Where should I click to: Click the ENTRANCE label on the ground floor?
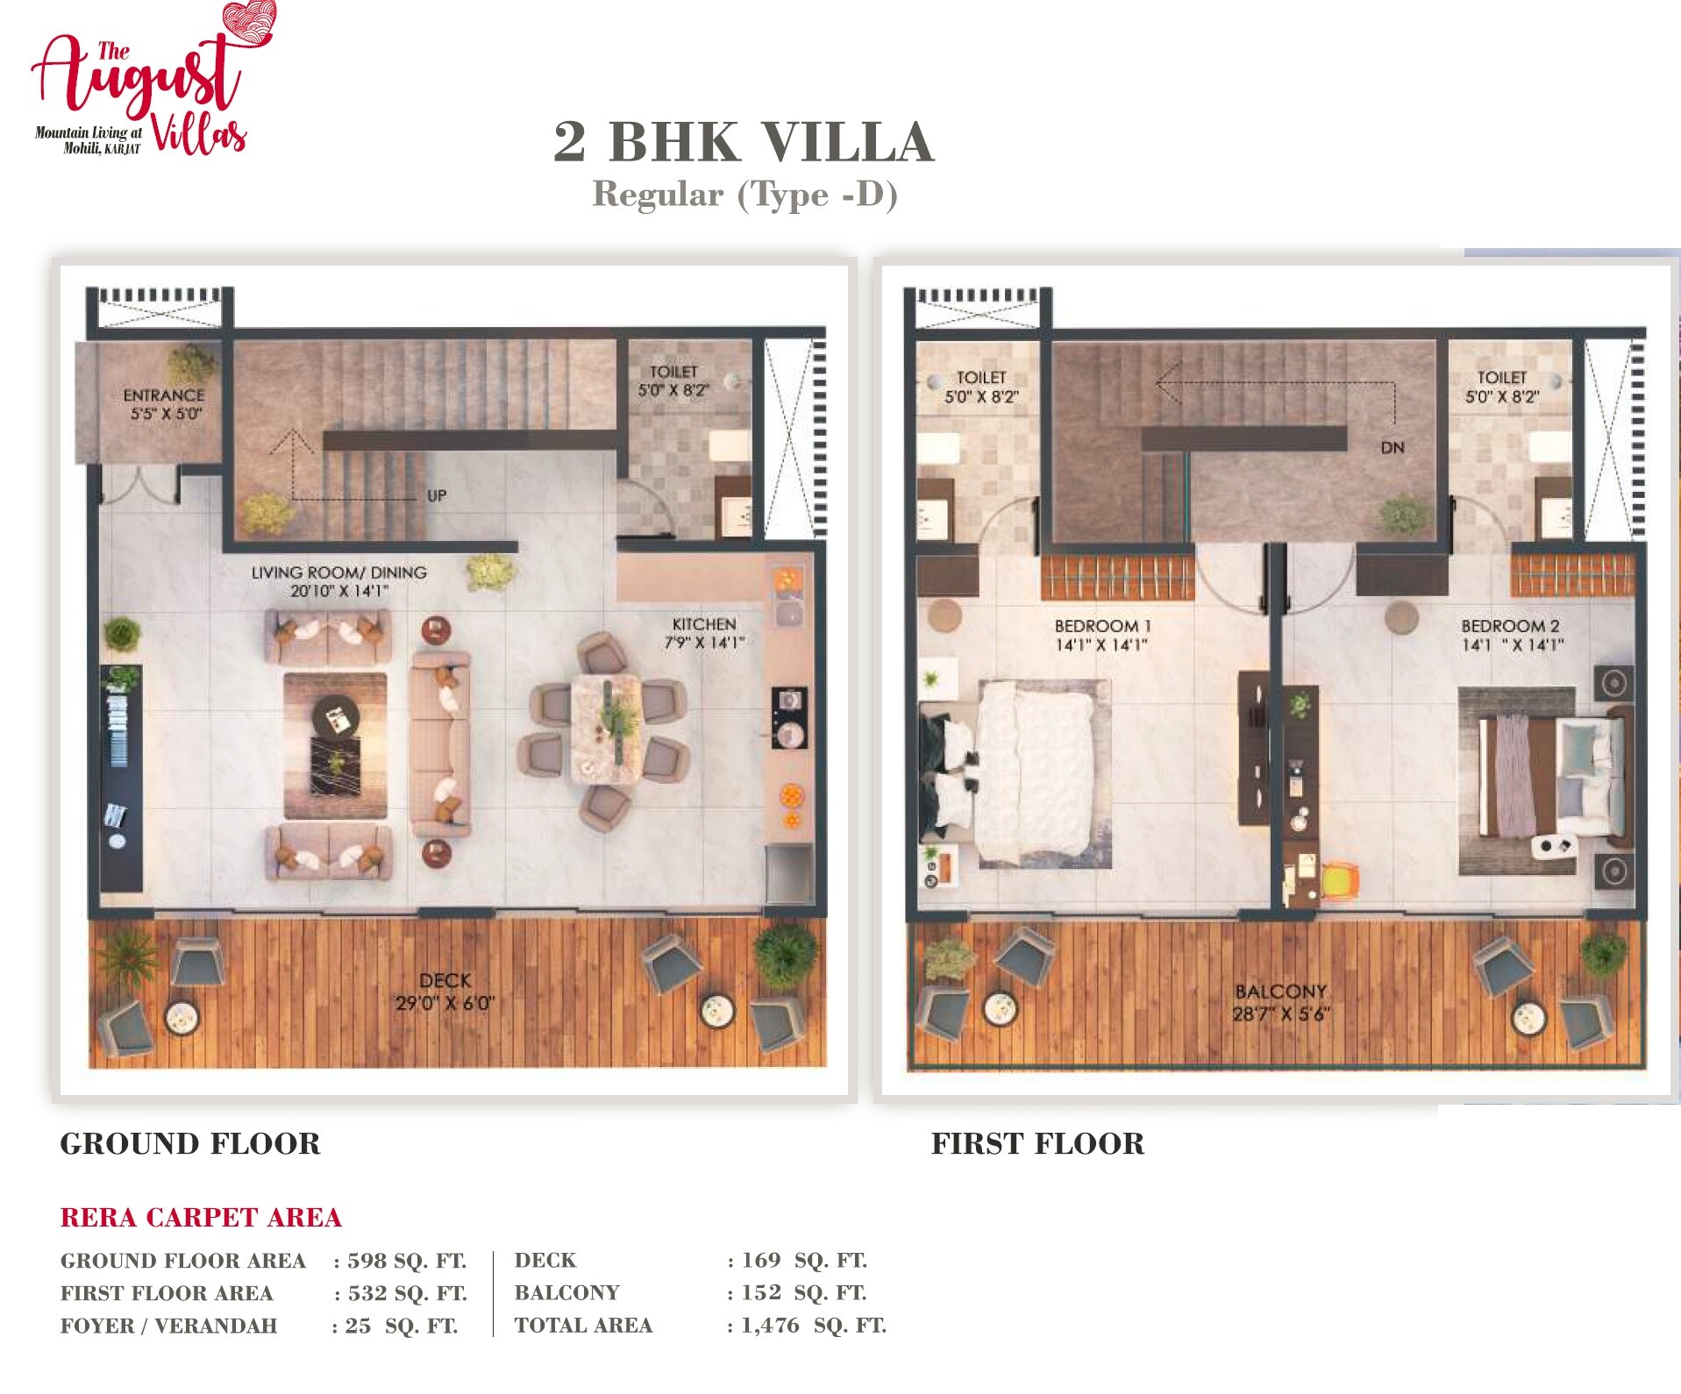[164, 395]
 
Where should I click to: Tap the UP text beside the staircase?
[437, 496]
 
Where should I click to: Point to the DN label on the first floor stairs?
[1393, 448]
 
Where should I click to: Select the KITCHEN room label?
[704, 624]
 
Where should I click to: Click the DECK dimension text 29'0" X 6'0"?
[445, 1003]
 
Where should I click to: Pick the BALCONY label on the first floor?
[1280, 992]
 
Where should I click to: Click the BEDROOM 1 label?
[1102, 626]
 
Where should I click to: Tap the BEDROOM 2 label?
[1510, 626]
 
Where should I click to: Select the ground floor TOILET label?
[673, 372]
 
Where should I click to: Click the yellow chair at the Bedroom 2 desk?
[1338, 881]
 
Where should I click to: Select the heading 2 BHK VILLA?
[744, 142]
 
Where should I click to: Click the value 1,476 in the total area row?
[770, 1325]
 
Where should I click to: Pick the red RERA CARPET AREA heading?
[201, 1217]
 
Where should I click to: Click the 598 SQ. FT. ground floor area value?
[407, 1261]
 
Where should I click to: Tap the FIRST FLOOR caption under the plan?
[1037, 1143]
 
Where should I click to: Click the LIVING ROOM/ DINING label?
[339, 573]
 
